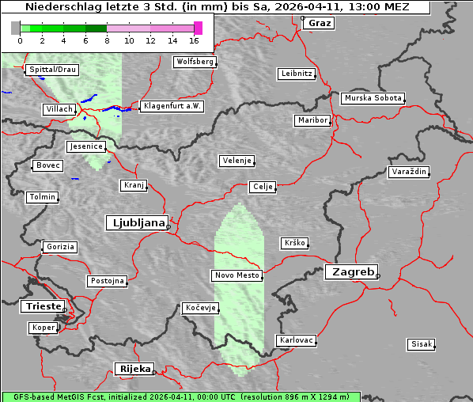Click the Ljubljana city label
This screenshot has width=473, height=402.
136,223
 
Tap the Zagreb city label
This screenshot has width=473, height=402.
350,272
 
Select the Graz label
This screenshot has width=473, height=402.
319,23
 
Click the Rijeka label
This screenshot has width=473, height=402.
134,369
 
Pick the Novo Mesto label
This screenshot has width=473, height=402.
236,275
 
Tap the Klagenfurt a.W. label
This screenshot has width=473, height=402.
172,106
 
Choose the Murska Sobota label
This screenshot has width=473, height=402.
373,99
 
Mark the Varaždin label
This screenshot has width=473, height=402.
409,172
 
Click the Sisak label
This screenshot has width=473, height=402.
421,344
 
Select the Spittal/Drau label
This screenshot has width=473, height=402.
52,70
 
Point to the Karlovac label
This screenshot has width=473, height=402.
297,340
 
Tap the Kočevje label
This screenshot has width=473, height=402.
199,308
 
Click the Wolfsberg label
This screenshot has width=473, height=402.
195,62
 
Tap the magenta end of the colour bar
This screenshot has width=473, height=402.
198,28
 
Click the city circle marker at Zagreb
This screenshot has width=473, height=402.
378,276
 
